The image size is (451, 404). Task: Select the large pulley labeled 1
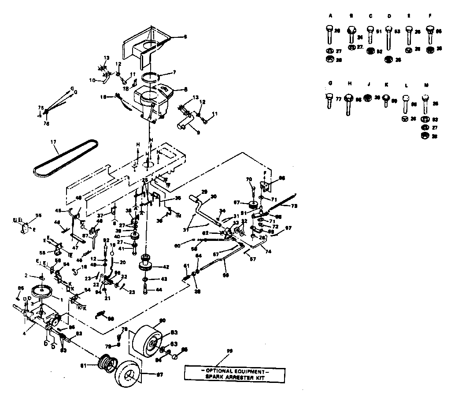click(43, 291)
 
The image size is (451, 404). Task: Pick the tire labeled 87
click(129, 375)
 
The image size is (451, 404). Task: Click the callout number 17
click(53, 142)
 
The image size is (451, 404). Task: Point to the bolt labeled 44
click(146, 290)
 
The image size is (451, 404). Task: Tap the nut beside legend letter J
click(368, 97)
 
